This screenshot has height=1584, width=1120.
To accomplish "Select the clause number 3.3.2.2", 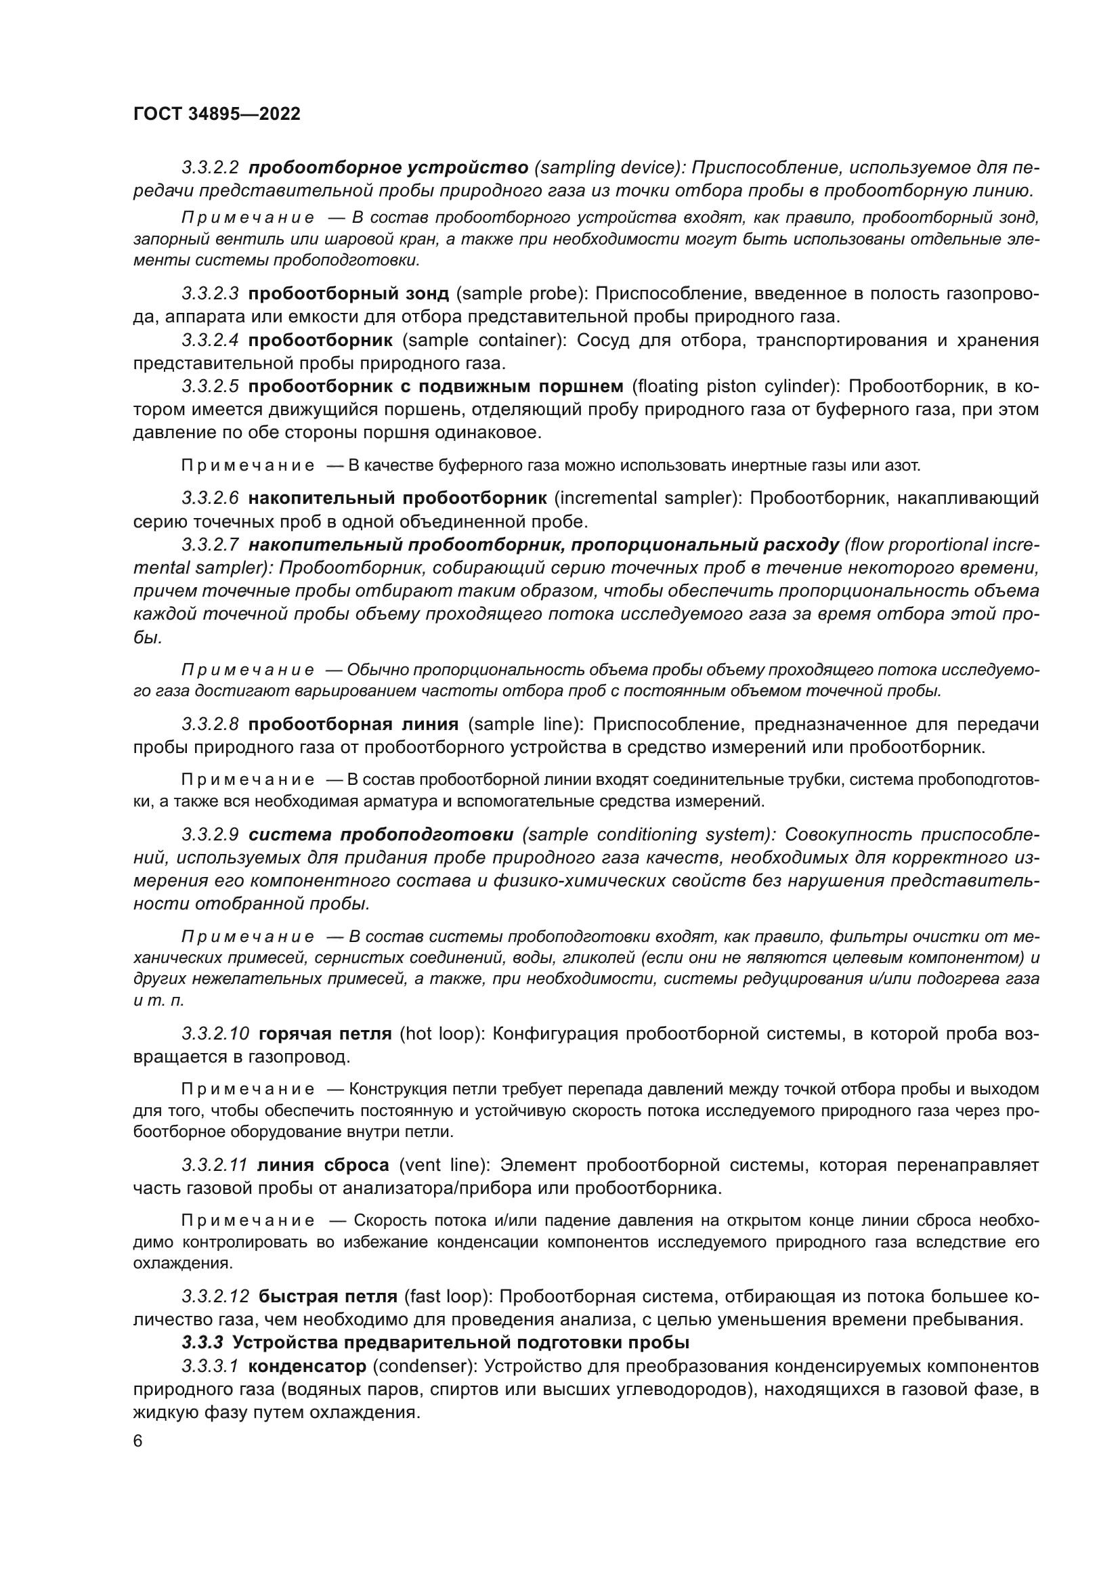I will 211,168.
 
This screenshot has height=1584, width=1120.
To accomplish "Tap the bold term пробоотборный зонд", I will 348,294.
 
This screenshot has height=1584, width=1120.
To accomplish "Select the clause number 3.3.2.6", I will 211,498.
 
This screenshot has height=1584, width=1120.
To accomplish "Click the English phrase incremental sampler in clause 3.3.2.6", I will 646,498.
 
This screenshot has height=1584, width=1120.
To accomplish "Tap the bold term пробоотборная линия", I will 353,725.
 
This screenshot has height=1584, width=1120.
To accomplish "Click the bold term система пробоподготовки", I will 381,835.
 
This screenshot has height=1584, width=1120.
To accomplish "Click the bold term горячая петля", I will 325,1034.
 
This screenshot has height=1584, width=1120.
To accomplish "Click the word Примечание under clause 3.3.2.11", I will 248,1221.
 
